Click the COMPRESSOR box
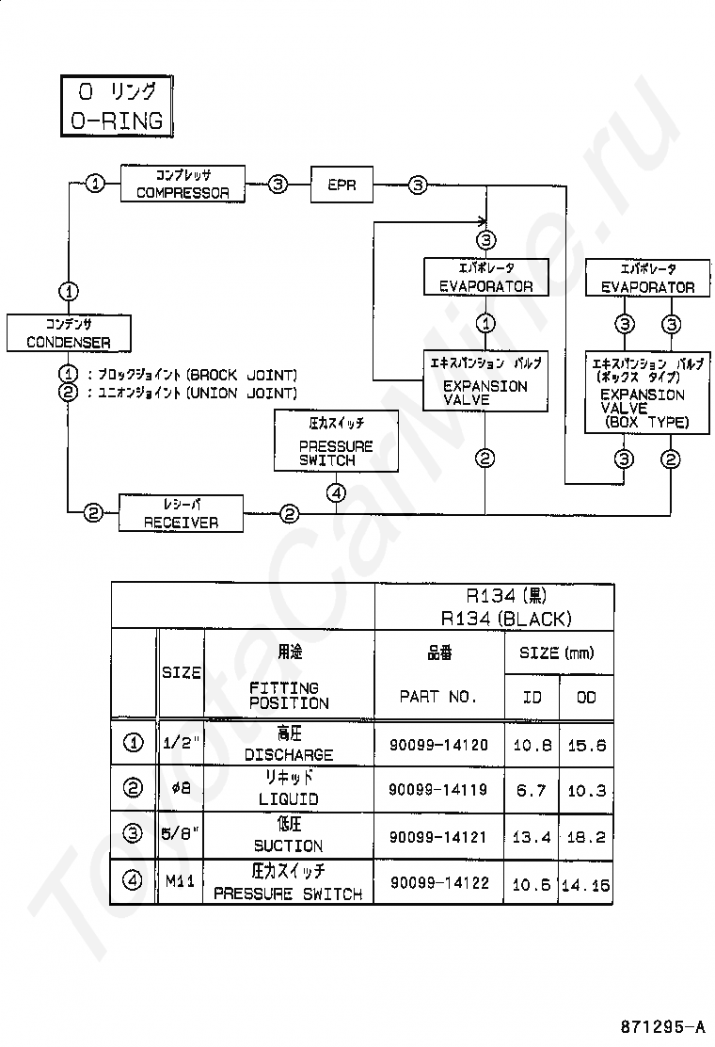click(x=183, y=184)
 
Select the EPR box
click(x=342, y=185)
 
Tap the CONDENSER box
click(x=69, y=333)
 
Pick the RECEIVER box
click(x=181, y=513)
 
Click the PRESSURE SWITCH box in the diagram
click(x=336, y=442)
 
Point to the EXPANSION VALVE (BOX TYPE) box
click(x=647, y=393)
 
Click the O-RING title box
click(x=117, y=106)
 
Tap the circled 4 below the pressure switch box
click(x=336, y=493)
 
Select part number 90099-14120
click(x=438, y=745)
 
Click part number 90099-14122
click(x=439, y=883)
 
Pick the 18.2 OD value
click(x=586, y=837)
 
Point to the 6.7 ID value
click(x=531, y=791)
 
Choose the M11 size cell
click(x=180, y=881)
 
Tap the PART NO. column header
click(x=438, y=697)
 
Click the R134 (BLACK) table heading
click(x=506, y=619)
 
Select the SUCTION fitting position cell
click(x=289, y=835)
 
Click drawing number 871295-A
click(x=662, y=1027)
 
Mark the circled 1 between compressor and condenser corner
click(x=95, y=183)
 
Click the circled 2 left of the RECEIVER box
click(x=93, y=513)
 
